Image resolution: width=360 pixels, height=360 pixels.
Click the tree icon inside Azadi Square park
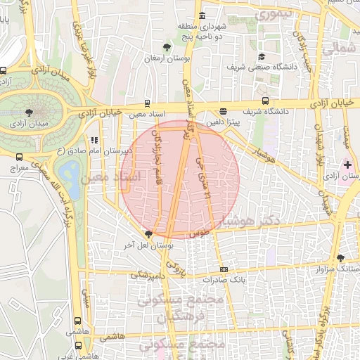(x=28, y=111)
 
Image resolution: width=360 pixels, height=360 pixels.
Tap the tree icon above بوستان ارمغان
(x=166, y=48)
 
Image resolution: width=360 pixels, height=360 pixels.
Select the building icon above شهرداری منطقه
(x=202, y=15)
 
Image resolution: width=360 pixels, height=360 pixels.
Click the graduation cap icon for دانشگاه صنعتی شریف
(x=262, y=57)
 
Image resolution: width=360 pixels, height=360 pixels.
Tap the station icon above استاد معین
(x=147, y=103)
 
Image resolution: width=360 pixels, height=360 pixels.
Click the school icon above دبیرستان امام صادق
(x=94, y=140)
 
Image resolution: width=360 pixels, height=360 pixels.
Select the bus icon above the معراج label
(x=18, y=157)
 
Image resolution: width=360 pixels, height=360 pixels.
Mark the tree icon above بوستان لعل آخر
(x=148, y=234)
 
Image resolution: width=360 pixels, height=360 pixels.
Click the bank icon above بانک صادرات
(x=224, y=269)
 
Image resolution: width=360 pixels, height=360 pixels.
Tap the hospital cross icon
(x=347, y=164)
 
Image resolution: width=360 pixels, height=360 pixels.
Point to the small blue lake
(x=70, y=171)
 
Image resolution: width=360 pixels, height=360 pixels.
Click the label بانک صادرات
(x=222, y=279)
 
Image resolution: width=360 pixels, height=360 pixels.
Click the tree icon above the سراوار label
(x=340, y=258)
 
